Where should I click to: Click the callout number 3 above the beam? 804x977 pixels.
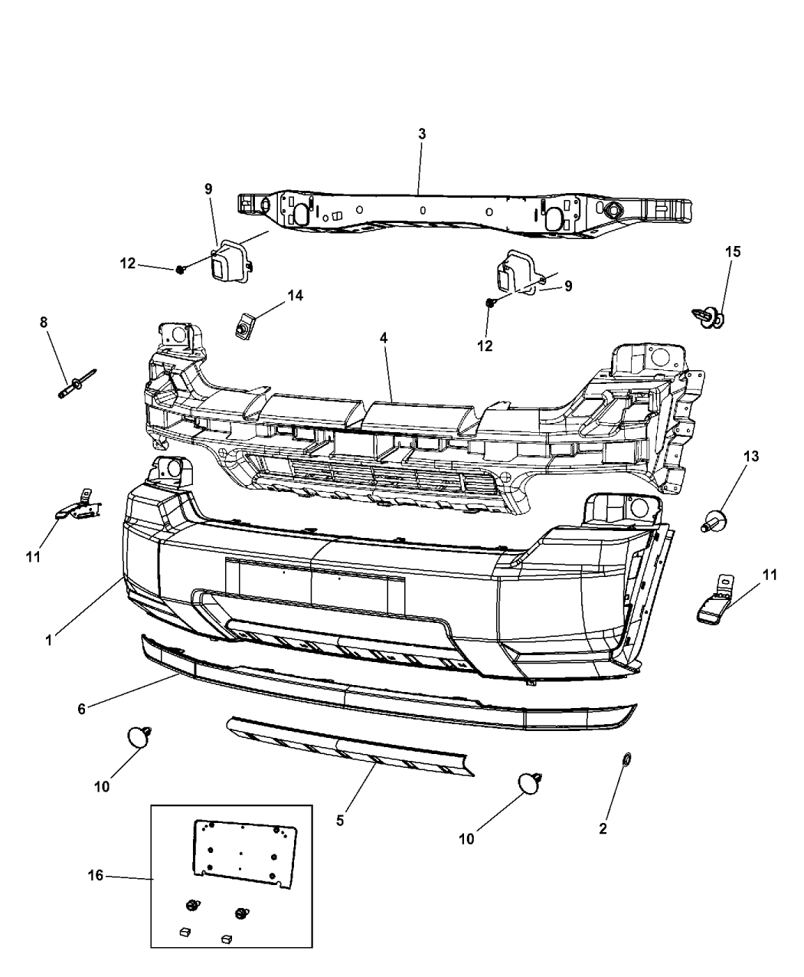tap(421, 134)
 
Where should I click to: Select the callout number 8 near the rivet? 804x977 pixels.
tap(44, 323)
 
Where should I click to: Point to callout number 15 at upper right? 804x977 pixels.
tap(734, 251)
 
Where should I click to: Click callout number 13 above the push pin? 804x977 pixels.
tap(750, 457)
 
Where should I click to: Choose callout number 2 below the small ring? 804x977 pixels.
tap(603, 828)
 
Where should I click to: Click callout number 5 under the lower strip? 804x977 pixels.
tap(340, 821)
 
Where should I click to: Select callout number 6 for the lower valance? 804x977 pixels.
tap(82, 710)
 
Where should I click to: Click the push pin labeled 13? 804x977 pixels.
tap(712, 522)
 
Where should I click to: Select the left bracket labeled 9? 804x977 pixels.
tap(227, 264)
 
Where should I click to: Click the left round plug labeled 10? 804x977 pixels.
tap(138, 737)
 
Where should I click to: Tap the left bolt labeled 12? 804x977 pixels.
tap(180, 269)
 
